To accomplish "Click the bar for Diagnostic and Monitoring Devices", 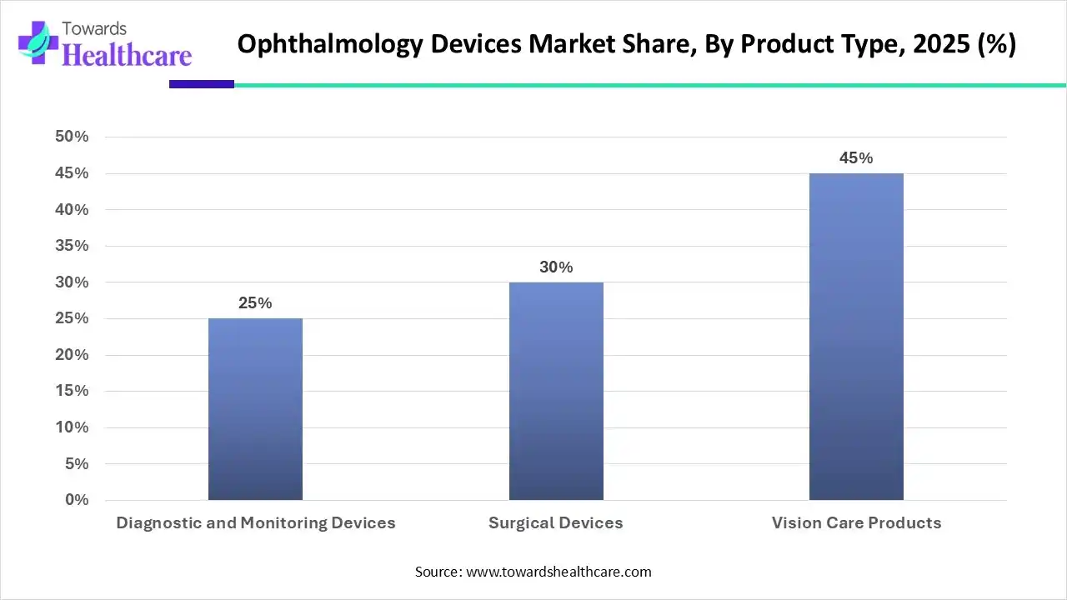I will coord(255,409).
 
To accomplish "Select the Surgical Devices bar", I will coord(556,391).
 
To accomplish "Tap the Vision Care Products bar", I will coord(856,337).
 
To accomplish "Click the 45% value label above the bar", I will coord(856,158).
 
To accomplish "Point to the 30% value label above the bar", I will coord(556,267).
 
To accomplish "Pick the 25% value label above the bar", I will coord(255,303).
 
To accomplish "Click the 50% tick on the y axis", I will coord(72,137).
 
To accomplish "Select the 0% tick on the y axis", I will coord(77,500).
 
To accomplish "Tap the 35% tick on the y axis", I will coord(72,246).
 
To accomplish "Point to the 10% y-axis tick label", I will coord(72,427).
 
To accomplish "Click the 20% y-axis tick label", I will coord(72,355).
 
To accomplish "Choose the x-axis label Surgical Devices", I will coord(556,523).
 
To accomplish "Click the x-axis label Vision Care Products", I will coord(856,523).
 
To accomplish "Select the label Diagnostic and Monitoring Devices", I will coord(255,523).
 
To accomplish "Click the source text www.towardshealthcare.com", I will coord(558,572).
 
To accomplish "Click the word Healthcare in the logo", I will coord(127,56).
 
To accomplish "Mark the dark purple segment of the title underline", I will coord(201,84).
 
